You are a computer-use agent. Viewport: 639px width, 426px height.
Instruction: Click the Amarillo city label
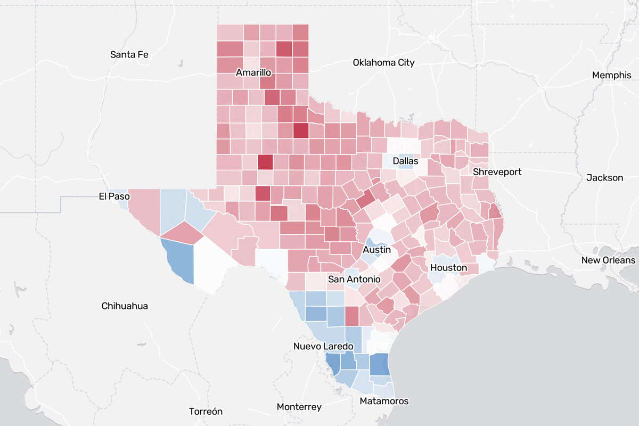255,72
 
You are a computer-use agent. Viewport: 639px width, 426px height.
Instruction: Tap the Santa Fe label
129,54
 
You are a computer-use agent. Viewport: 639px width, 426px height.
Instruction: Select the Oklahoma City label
383,63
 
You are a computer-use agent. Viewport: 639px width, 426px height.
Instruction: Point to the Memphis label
611,75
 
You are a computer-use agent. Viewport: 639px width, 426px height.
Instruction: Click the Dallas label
405,161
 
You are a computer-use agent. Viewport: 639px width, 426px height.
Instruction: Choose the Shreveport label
497,172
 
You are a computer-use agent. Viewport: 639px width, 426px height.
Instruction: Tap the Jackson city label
604,177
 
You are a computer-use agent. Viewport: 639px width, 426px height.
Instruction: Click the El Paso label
114,196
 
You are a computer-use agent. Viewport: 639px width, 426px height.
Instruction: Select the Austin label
377,250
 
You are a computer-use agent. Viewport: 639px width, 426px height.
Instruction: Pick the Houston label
448,267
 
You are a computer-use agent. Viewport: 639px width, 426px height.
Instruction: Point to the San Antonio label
354,279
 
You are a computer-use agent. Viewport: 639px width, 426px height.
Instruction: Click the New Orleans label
608,260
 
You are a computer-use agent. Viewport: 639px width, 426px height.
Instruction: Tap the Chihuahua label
125,306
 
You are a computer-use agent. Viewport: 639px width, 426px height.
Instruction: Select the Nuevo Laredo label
323,346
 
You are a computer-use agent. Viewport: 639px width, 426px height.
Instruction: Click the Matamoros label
384,401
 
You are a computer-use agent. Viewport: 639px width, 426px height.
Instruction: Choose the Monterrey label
299,407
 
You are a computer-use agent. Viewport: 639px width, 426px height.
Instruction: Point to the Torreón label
206,412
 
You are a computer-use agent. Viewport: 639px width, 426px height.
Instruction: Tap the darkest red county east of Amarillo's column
300,130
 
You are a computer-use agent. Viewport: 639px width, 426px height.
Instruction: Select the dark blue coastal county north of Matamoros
379,365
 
